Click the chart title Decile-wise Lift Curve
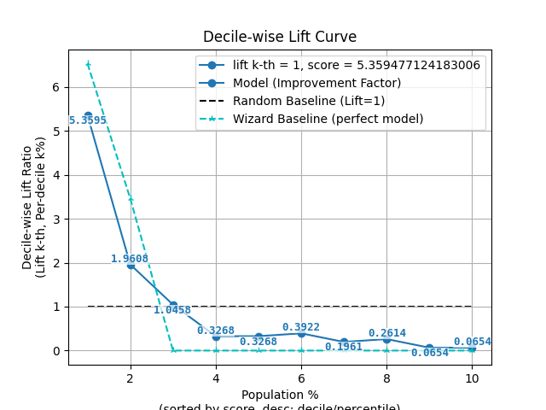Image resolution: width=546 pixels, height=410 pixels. tap(280, 38)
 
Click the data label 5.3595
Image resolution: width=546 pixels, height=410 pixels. tap(88, 120)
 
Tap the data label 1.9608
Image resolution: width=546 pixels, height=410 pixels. tap(129, 259)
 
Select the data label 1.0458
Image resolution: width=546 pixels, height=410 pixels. tap(172, 310)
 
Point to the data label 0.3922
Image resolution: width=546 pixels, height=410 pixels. tap(300, 327)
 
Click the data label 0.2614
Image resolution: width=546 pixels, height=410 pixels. tap(386, 333)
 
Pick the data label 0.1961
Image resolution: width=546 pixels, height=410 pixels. tap(343, 347)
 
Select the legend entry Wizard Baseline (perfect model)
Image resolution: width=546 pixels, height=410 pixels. tap(328, 119)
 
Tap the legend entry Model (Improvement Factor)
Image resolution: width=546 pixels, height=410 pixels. tap(317, 83)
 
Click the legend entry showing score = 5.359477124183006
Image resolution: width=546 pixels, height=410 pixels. tap(356, 65)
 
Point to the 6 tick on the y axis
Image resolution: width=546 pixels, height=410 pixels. tap(55, 87)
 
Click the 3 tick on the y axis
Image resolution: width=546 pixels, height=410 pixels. tap(55, 219)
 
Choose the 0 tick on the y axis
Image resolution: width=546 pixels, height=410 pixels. tap(55, 351)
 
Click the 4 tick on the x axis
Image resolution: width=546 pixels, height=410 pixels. tap(216, 378)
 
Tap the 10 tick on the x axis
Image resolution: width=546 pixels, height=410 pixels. tap(472, 378)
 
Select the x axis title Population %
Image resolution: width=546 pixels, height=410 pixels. tap(280, 395)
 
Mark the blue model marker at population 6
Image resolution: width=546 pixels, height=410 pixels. tap(301, 333)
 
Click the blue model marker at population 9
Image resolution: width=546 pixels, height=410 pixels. tap(429, 348)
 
